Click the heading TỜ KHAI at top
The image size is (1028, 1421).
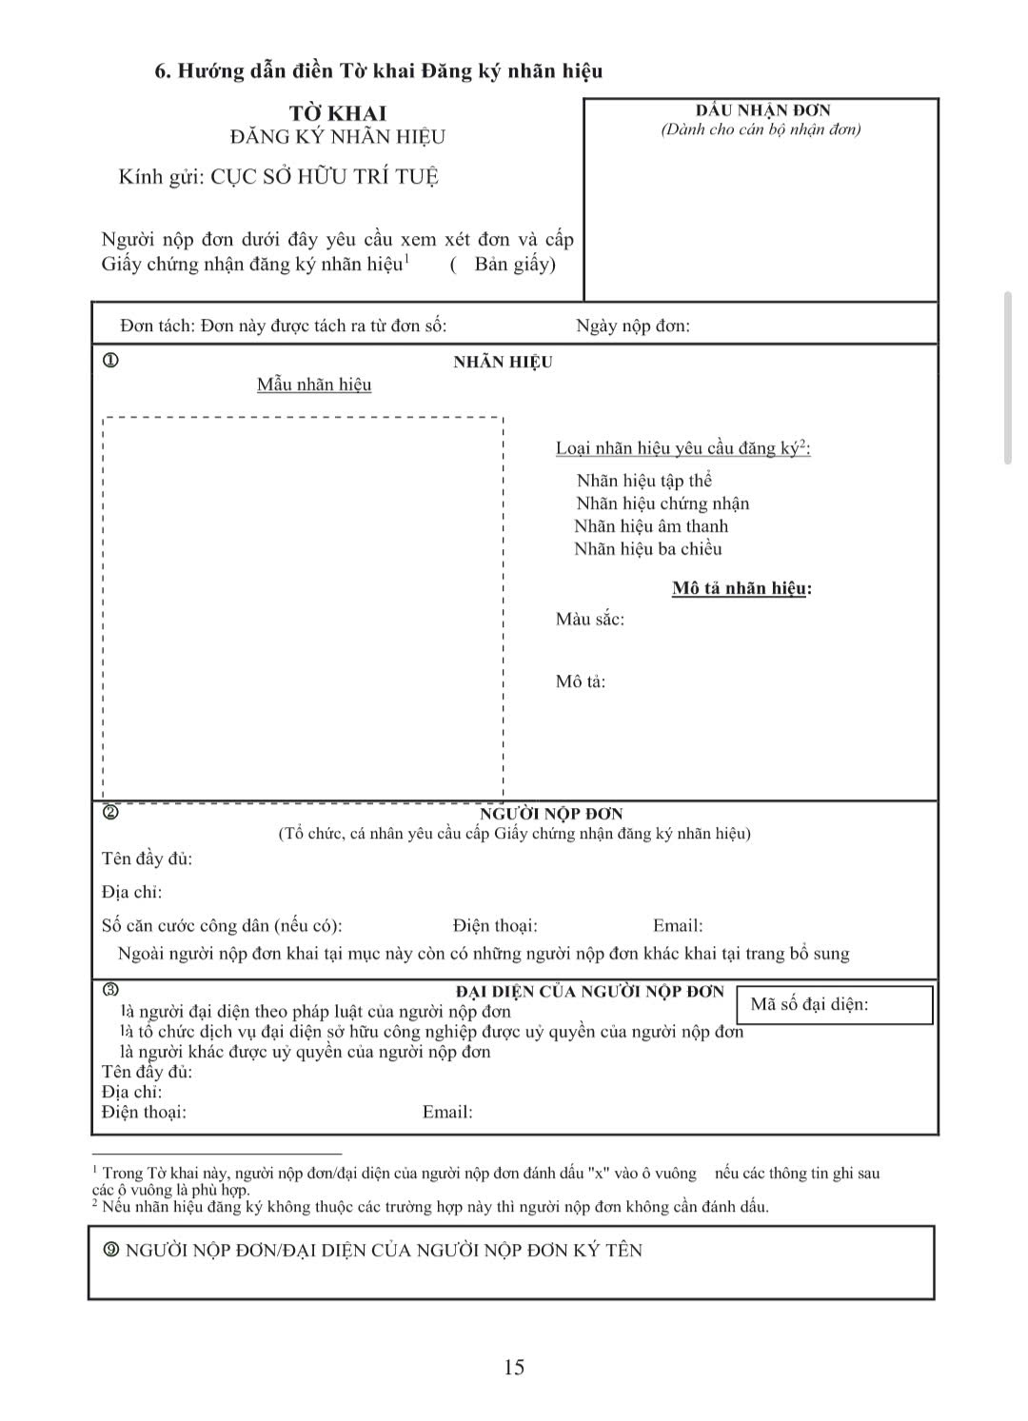coord(338,113)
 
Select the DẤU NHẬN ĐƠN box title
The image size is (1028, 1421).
coord(762,110)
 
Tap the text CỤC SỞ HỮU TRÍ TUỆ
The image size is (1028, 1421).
coord(324,177)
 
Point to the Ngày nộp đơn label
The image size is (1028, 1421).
coord(633,326)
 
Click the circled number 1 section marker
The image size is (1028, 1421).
coord(110,361)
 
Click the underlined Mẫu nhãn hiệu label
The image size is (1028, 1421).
coord(314,385)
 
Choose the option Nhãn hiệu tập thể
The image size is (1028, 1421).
coord(643,481)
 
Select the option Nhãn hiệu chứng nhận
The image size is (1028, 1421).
coord(662,503)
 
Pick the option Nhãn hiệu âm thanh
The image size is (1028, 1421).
coord(651,526)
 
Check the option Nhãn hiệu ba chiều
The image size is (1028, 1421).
coord(647,549)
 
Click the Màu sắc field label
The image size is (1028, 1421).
coord(590,620)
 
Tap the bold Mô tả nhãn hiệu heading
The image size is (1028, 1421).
coord(741,588)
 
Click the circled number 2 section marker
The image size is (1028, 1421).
coord(110,813)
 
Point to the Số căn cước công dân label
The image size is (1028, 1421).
coord(222,925)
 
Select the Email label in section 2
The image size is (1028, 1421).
coord(678,925)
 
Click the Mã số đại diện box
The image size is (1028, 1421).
coord(834,1005)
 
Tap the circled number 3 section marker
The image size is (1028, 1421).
coord(110,990)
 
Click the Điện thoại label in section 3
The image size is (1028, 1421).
coord(144,1112)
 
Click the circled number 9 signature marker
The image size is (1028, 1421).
coord(110,1250)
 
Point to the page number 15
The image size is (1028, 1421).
coord(514,1368)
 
